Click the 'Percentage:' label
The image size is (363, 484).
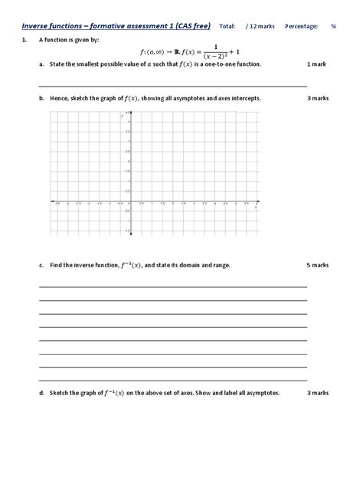click(301, 26)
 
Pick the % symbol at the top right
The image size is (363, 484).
click(334, 26)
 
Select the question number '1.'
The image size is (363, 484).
click(25, 39)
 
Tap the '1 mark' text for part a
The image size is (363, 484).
click(316, 65)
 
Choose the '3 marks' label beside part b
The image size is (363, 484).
click(317, 99)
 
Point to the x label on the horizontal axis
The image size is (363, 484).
click(255, 208)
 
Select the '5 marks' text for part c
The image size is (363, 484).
click(317, 265)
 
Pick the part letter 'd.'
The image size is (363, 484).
click(41, 393)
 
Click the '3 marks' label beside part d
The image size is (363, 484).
click(317, 393)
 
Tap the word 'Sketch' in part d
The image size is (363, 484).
click(60, 393)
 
